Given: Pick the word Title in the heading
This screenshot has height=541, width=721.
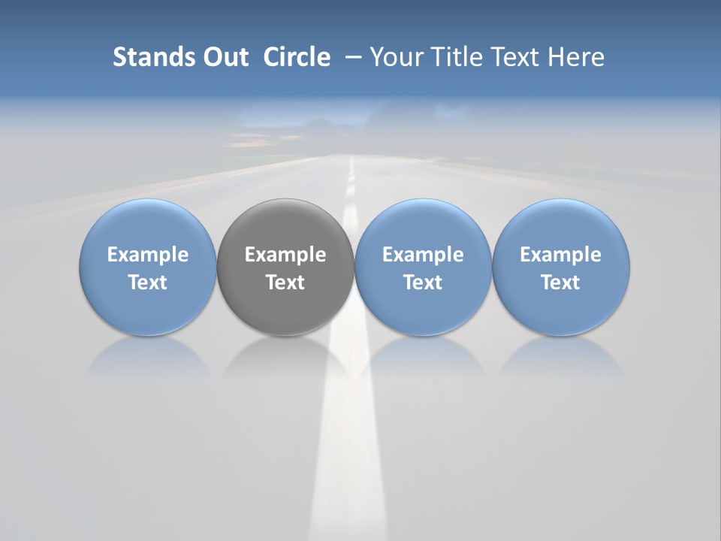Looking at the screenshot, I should click(458, 57).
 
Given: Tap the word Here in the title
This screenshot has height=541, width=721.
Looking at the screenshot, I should click(577, 57).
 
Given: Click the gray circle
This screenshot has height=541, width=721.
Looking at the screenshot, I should click(285, 225).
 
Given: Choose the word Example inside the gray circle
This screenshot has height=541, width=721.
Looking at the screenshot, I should click(285, 255).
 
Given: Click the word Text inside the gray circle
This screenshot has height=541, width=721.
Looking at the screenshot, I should click(285, 283).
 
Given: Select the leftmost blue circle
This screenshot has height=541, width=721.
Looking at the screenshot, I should click(147, 225).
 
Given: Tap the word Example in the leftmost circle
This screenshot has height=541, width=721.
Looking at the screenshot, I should click(148, 255).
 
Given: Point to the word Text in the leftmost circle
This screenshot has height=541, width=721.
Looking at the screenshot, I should click(148, 283).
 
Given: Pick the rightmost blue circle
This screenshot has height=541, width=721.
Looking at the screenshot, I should click(561, 225).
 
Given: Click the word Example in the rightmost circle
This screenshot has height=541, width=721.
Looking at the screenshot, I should click(561, 255).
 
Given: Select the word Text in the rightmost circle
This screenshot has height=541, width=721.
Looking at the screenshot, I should click(561, 283).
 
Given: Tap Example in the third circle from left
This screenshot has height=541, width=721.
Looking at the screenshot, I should click(423, 255).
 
